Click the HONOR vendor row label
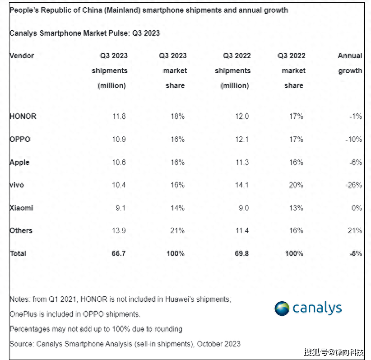[x=23, y=116]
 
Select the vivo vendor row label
[x=17, y=185]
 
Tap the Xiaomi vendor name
[x=21, y=208]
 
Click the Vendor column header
[x=22, y=56]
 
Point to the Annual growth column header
[x=350, y=63]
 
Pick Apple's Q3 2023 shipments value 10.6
[x=119, y=162]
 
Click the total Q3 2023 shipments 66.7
[x=118, y=253]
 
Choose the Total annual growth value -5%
[x=355, y=253]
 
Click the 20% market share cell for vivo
[x=296, y=185]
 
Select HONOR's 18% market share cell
[x=177, y=116]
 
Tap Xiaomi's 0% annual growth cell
[x=357, y=208]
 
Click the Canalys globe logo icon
[x=282, y=309]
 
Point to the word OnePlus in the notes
[x=24, y=314]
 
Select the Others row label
[x=21, y=230]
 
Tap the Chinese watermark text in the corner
[x=334, y=352]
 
